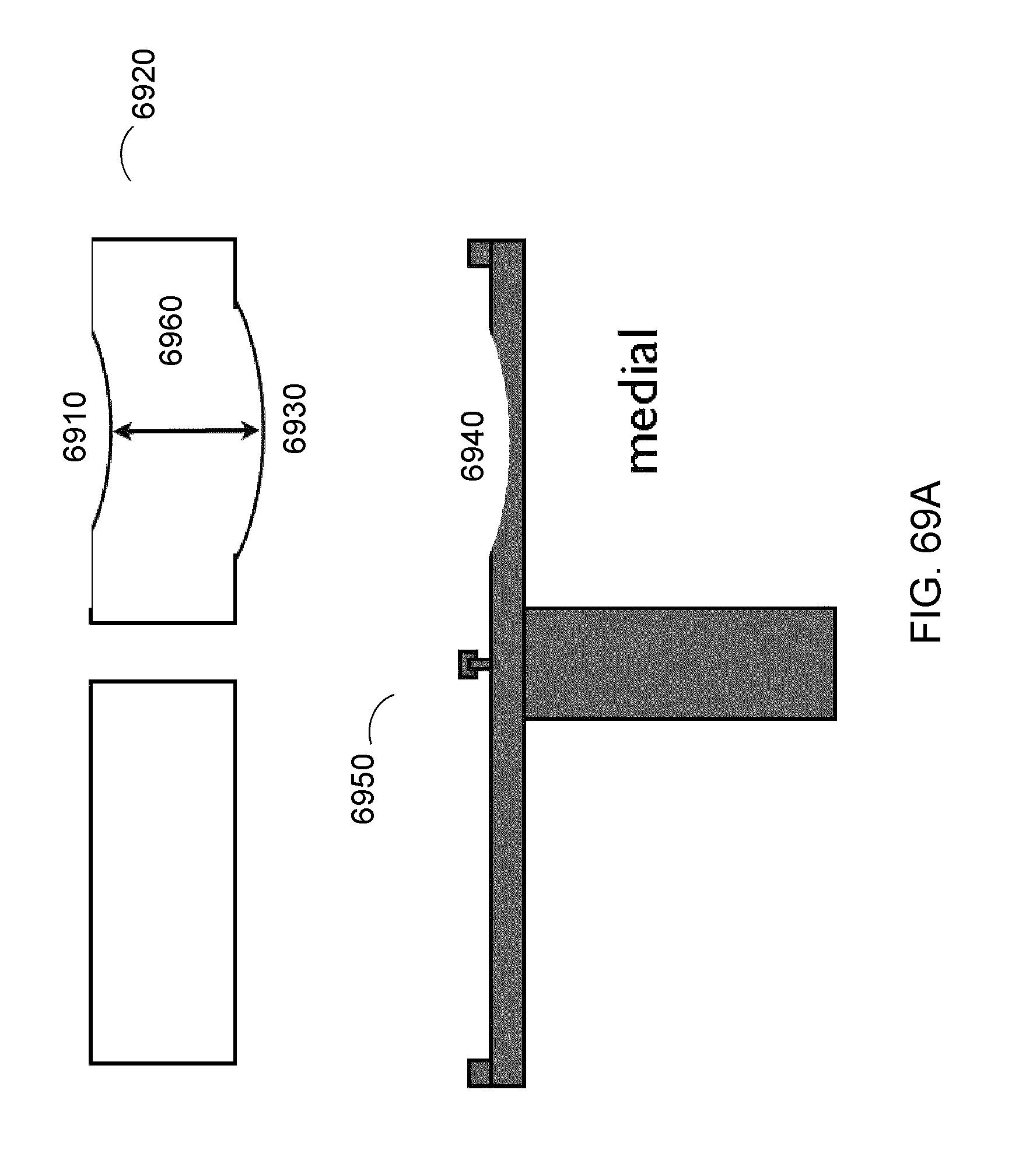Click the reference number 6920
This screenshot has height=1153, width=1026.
click(143, 84)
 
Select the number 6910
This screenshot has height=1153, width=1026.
click(75, 427)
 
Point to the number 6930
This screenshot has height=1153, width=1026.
click(293, 418)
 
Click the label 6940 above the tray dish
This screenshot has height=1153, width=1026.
click(472, 446)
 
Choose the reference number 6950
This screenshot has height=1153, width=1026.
click(362, 788)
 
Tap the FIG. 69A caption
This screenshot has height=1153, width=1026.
click(926, 561)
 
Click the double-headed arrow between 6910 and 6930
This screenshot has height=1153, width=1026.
click(185, 432)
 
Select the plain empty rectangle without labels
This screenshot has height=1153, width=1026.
click(163, 872)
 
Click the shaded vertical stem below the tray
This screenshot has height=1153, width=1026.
click(680, 663)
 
